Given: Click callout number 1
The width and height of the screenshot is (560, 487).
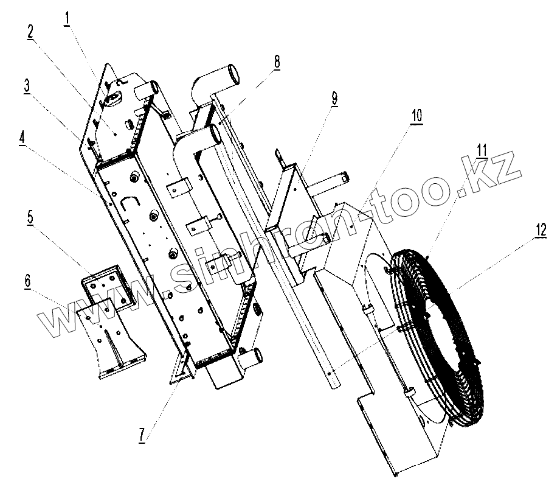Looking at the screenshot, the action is pyautogui.click(x=67, y=19).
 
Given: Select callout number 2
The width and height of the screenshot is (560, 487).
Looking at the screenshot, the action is pyautogui.click(x=29, y=33).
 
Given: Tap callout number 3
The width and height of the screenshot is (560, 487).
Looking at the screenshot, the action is pyautogui.click(x=27, y=86).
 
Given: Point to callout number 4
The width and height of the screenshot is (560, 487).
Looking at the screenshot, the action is pyautogui.click(x=22, y=136).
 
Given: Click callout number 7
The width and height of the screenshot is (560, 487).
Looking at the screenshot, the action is pyautogui.click(x=141, y=436).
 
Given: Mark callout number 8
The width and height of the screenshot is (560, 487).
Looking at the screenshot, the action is pyautogui.click(x=277, y=61).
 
